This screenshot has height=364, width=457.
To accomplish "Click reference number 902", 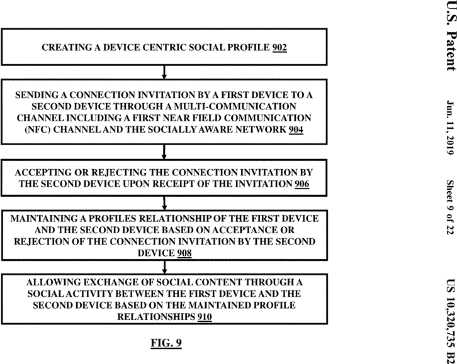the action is tap(279, 47).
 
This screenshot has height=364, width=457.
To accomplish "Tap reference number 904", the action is tap(296, 130).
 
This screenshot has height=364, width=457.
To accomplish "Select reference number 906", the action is tap(302, 184).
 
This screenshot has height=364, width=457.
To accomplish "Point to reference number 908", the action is tap(184, 253).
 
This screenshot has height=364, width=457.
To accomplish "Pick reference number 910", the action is tap(205, 317).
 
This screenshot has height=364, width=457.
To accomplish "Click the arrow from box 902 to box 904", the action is tap(164, 72).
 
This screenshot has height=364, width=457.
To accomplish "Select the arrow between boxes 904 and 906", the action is tap(164, 152).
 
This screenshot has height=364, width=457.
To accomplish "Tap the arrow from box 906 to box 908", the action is tap(164, 203).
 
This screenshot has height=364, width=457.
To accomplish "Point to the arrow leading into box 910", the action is tap(165, 267).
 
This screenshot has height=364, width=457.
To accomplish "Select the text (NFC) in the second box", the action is tap(38, 130).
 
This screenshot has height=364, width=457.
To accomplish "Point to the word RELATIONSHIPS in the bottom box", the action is tap(156, 317).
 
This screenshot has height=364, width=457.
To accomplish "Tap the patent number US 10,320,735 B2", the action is tap(451, 321).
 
